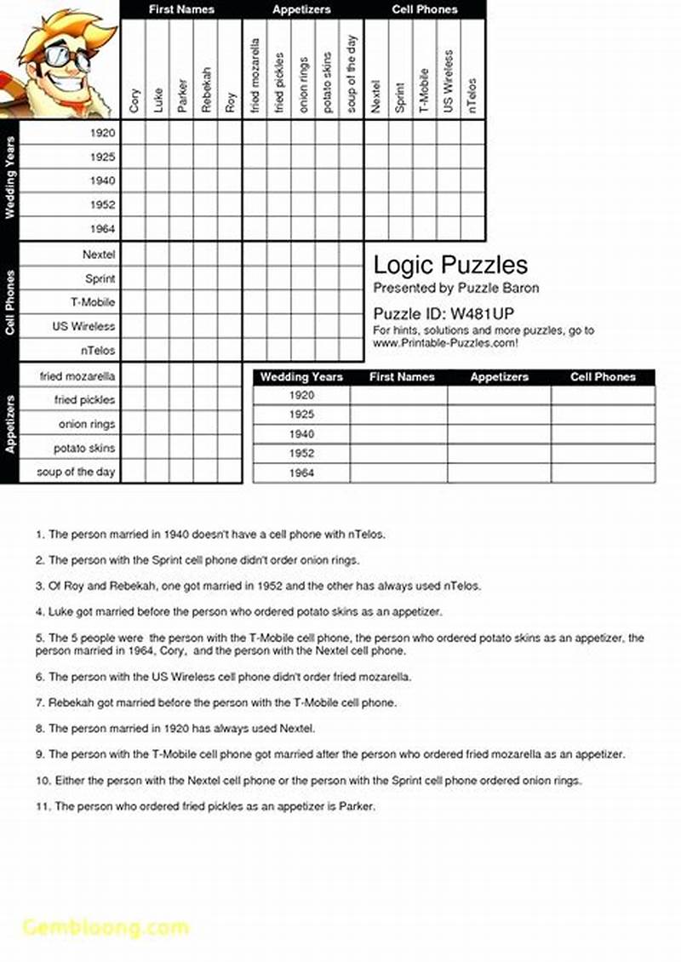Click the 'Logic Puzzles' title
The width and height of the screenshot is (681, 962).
click(450, 265)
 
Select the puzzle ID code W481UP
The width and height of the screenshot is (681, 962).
click(480, 312)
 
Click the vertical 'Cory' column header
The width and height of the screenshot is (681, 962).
click(134, 100)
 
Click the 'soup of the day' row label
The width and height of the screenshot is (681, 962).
click(77, 472)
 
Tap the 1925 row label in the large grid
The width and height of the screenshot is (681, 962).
click(102, 157)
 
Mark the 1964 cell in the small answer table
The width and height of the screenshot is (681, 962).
click(301, 472)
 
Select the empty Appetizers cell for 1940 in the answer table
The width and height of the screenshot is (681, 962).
click(499, 434)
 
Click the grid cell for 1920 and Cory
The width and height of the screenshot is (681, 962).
click(134, 133)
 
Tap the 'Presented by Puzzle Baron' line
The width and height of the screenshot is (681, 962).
click(456, 288)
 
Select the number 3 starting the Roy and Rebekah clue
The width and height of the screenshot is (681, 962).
click(39, 587)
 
